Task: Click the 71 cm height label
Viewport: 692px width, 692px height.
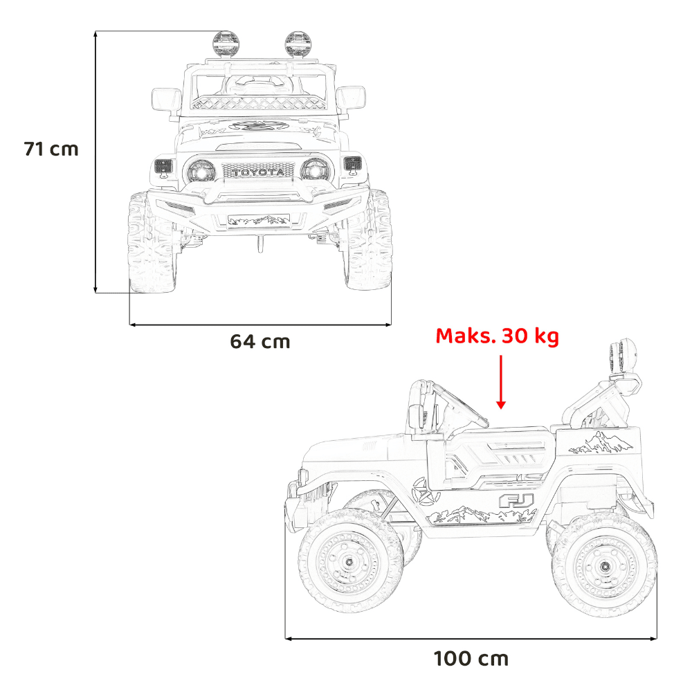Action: [51, 149]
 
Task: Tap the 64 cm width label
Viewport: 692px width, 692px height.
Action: [260, 342]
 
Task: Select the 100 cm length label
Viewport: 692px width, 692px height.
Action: [471, 659]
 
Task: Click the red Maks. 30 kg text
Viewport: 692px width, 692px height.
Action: [498, 336]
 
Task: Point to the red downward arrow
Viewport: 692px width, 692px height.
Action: [501, 382]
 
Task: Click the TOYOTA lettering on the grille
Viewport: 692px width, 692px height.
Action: [259, 172]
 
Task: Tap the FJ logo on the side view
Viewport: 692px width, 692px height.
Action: [517, 501]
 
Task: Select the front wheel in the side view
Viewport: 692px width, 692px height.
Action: [351, 561]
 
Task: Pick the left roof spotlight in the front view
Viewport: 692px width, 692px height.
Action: [226, 44]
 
